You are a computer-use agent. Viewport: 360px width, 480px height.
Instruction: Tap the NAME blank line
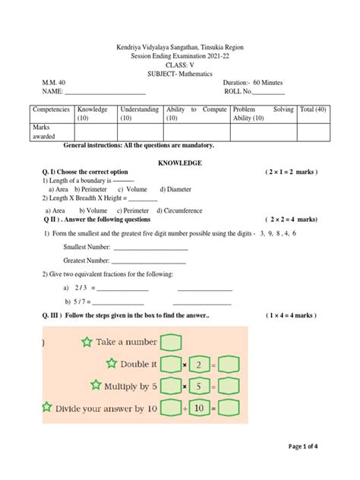(106, 93)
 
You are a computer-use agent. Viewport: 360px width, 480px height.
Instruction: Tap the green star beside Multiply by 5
(96, 386)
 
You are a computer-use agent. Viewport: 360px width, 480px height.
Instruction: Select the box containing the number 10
(199, 409)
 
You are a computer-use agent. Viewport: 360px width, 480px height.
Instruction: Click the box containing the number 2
(199, 365)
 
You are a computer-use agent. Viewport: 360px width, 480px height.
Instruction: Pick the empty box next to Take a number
(172, 343)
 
